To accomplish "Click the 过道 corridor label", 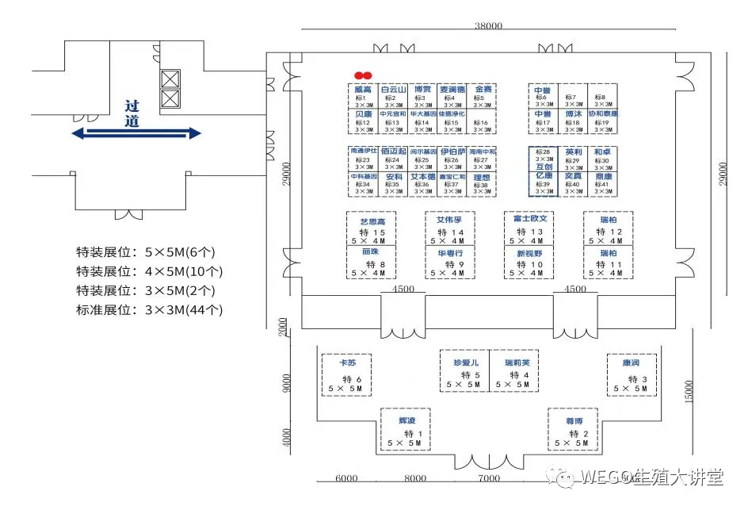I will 132,113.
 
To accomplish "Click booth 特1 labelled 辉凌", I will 407,431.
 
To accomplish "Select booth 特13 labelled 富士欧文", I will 530,228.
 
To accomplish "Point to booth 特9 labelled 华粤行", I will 450,263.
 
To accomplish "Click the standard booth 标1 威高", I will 363,95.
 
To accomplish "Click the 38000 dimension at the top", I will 488,25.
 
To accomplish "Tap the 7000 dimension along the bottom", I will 489,478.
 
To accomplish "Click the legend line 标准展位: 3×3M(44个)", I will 150,310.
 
